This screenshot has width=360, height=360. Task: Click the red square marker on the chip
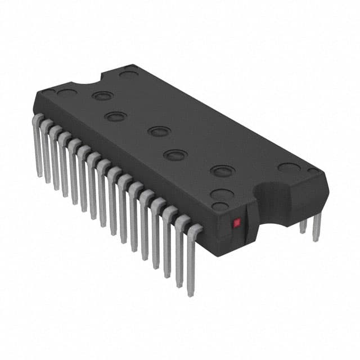237,223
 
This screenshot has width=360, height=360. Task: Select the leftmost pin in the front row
39,143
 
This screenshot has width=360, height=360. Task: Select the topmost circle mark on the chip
129,73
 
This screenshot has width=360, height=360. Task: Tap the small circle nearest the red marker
220,206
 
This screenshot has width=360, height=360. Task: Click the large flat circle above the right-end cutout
289,167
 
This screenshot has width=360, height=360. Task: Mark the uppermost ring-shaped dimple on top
102,96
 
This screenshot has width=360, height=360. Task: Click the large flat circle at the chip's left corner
67,93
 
